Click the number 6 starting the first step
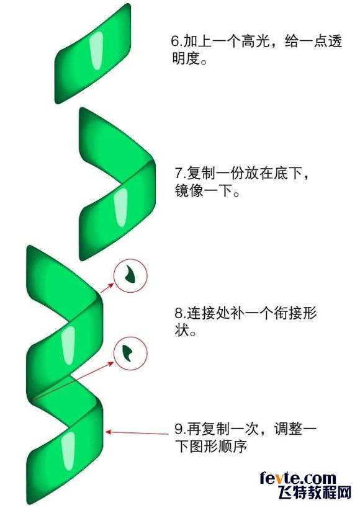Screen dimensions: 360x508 click(175, 42)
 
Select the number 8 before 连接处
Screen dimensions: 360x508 click(179, 314)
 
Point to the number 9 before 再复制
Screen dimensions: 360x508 click(179, 429)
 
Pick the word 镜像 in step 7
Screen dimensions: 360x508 click(189, 190)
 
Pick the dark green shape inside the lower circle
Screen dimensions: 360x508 click(128, 352)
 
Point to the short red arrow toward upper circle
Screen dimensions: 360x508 click(107, 288)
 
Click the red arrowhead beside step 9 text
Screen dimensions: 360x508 click(109, 432)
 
